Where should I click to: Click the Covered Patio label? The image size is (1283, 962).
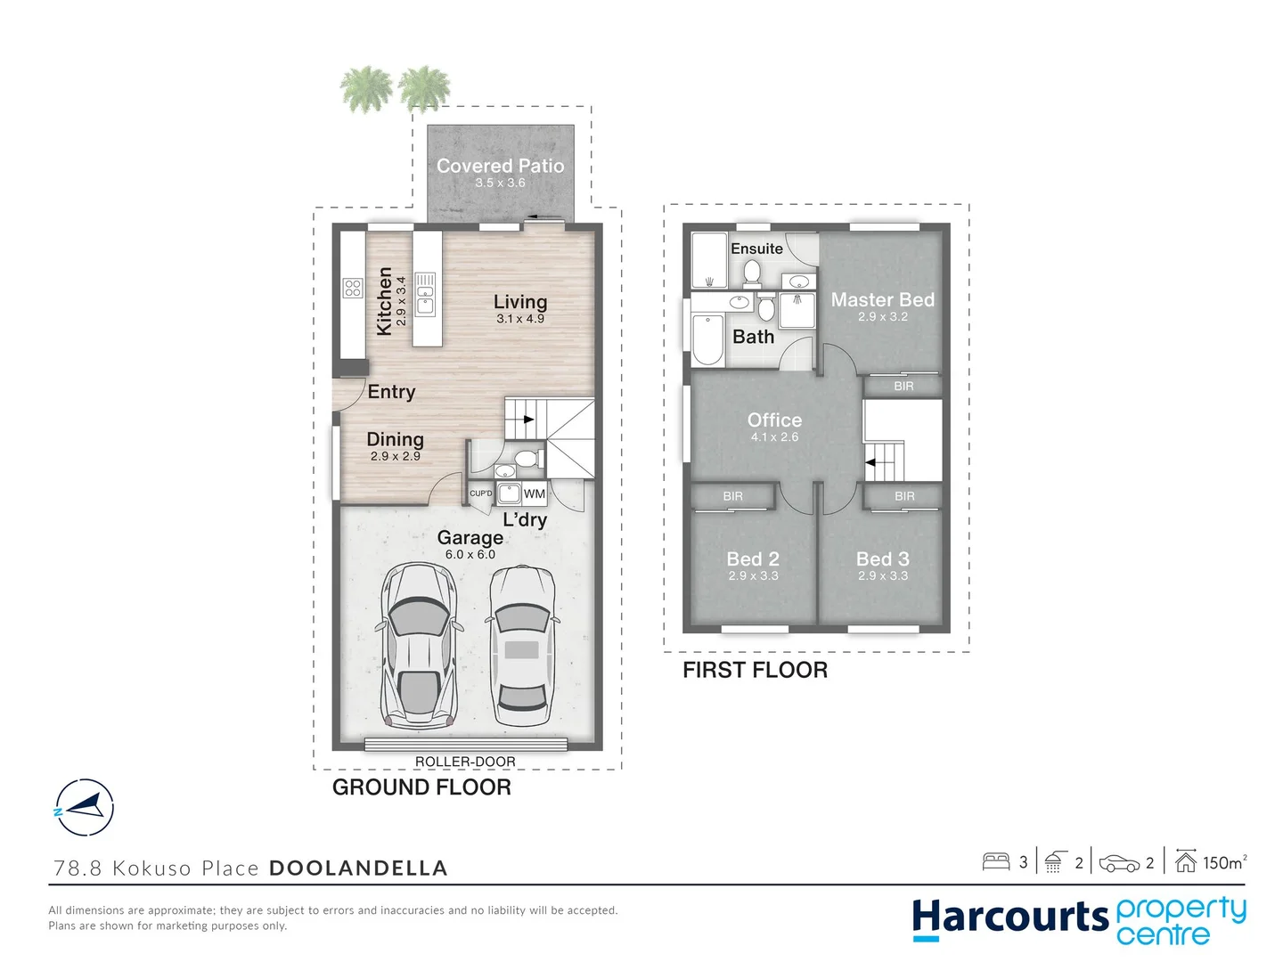[x=500, y=166]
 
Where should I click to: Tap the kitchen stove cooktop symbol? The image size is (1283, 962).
[x=353, y=288]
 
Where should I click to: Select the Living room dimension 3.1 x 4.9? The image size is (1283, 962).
[x=520, y=319]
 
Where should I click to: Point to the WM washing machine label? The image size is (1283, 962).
[x=535, y=493]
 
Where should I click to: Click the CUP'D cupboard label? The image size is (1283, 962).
[x=480, y=493]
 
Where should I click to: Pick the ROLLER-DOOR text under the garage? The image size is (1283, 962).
[x=465, y=762]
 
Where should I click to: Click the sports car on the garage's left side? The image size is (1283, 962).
[x=419, y=645]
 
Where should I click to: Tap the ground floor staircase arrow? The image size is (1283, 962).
[x=528, y=420]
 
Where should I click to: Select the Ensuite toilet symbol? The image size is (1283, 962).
[x=752, y=273]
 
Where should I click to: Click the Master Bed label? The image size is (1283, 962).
[x=883, y=299]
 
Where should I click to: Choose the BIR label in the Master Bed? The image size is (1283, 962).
[x=903, y=386]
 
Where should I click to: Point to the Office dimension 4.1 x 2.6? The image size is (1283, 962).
[x=774, y=436]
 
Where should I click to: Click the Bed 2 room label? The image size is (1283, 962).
[x=753, y=559]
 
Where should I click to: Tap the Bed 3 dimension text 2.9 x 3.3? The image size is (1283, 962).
[x=883, y=576]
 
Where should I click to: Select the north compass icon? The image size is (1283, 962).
[x=84, y=808]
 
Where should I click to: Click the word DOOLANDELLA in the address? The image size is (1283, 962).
[x=358, y=868]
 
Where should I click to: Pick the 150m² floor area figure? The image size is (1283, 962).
[x=1224, y=863]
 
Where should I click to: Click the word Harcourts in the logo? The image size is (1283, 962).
[x=1010, y=917]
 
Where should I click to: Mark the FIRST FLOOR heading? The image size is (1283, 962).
[x=756, y=670]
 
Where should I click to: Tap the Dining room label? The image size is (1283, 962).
[x=395, y=439]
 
